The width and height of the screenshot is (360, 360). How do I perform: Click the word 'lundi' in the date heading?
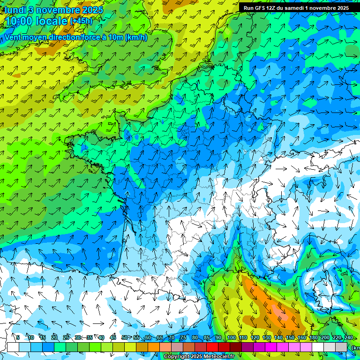[15, 10]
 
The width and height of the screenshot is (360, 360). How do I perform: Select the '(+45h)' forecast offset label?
[82, 21]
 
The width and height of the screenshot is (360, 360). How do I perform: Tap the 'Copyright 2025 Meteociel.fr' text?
[199, 357]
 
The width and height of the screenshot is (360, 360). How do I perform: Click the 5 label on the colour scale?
[18, 337]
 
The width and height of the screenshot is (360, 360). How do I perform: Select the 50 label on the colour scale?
[124, 337]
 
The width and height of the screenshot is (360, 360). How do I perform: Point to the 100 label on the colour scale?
[231, 337]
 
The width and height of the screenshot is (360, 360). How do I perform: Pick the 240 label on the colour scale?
[349, 337]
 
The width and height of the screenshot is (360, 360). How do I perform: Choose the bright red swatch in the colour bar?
[212, 347]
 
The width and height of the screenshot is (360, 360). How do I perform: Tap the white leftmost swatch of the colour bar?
[13, 347]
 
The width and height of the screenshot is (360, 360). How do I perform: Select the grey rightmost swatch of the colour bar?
[341, 347]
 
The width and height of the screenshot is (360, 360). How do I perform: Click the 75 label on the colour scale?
[183, 337]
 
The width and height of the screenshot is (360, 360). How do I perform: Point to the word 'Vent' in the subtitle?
[14, 37]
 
